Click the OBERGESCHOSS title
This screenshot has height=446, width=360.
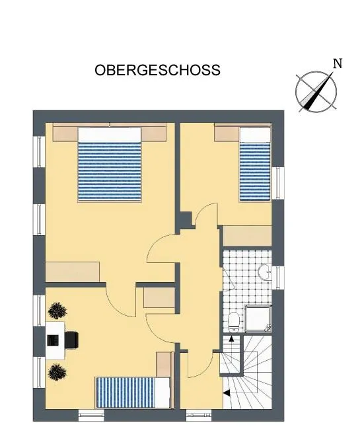coord(157,70)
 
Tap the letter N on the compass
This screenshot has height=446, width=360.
coord(338,63)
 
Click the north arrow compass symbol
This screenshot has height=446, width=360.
coord(316,92)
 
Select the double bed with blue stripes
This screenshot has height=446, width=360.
coord(110,165)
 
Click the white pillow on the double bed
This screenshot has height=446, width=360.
coord(110,134)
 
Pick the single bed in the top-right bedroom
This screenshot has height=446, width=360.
coord(255,164)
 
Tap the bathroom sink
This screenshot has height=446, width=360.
coord(265,272)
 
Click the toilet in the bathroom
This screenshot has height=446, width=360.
coord(234,322)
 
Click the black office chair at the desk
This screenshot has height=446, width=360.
coord(71,340)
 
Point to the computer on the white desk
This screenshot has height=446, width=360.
coord(53,340)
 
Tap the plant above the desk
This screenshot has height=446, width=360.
coord(57,311)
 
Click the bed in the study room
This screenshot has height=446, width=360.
coord(133,392)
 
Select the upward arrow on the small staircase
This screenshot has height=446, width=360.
coord(231,339)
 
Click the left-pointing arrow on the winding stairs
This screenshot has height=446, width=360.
coord(227,392)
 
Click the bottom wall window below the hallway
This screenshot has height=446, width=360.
coord(199,416)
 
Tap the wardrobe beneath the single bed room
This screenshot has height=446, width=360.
coord(247,236)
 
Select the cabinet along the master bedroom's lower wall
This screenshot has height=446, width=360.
coord(73,272)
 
